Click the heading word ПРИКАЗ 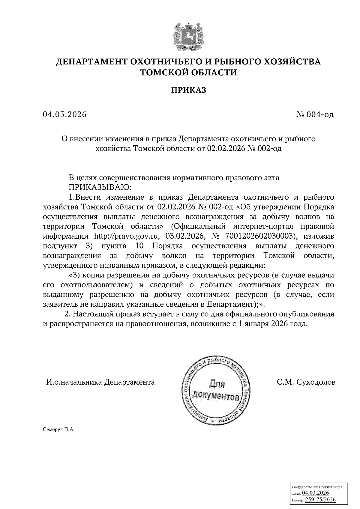[189, 90]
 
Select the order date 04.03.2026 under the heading [64, 115]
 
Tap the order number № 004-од [315, 115]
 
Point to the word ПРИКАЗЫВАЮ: [100, 187]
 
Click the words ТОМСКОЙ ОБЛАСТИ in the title [189, 72]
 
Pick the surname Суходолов [316, 382]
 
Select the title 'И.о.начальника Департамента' [100, 382]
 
